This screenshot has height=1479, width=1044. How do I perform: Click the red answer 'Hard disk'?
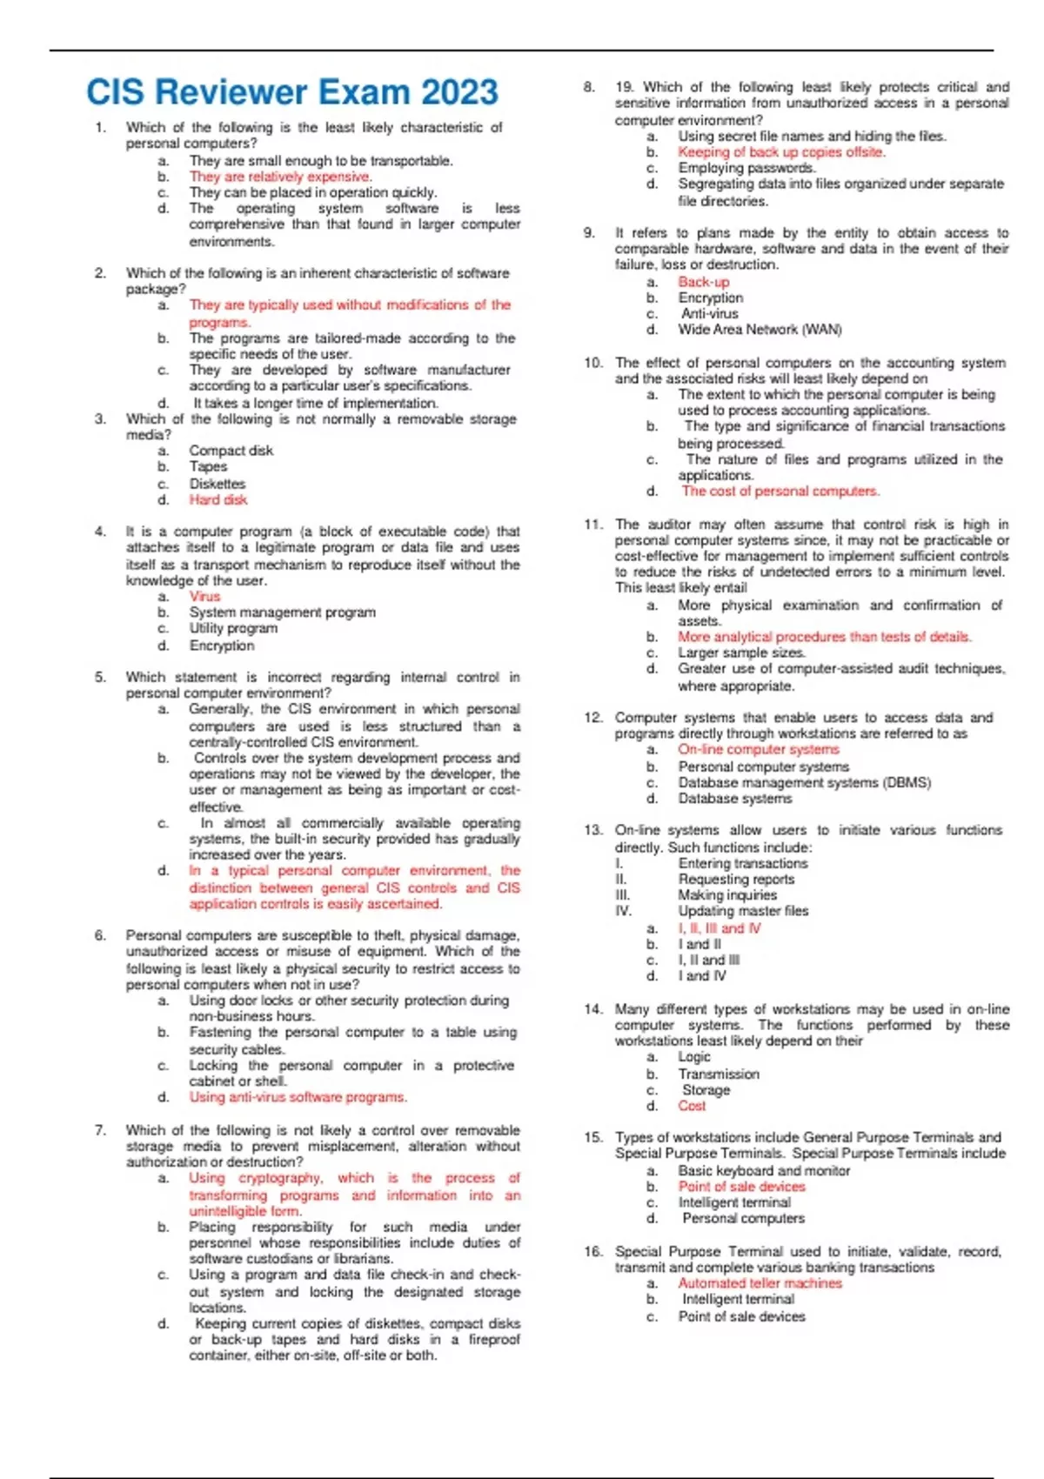tap(218, 499)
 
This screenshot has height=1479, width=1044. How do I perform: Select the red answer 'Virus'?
tap(205, 596)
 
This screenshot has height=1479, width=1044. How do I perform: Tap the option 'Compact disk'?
tap(231, 451)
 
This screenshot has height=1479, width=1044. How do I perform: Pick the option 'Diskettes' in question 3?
tap(217, 483)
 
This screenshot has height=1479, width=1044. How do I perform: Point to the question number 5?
tap(101, 677)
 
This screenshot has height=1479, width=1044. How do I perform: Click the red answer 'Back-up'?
tap(704, 282)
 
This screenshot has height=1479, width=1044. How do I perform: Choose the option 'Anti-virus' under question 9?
tap(709, 313)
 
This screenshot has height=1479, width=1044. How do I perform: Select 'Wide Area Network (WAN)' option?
tap(760, 330)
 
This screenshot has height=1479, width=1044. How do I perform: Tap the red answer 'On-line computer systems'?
tap(759, 749)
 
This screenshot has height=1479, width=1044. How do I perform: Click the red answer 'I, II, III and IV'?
tap(719, 928)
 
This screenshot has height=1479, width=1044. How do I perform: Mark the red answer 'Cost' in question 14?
tap(693, 1106)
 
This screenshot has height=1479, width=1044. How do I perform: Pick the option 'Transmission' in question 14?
tap(719, 1074)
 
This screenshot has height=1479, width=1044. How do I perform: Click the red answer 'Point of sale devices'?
tap(742, 1187)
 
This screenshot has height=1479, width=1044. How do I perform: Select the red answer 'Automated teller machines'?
tap(760, 1283)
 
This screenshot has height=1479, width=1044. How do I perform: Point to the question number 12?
tap(593, 718)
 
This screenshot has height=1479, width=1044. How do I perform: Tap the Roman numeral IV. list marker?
tap(623, 911)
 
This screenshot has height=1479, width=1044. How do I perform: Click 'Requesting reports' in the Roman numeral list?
tap(736, 879)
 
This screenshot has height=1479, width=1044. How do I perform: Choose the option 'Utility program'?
tap(233, 628)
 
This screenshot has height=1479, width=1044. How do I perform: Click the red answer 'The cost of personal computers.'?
tap(780, 491)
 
